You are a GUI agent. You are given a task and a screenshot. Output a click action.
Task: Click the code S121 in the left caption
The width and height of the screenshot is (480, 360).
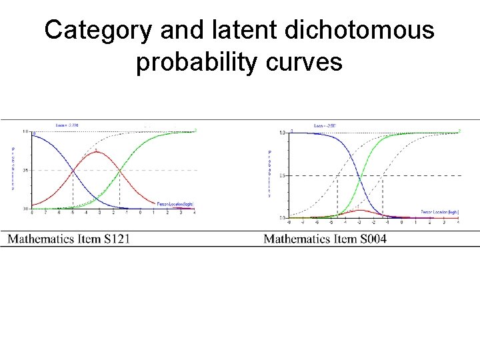click(x=113, y=238)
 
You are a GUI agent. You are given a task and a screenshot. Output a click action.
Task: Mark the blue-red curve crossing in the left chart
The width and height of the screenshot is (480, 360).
click(x=73, y=171)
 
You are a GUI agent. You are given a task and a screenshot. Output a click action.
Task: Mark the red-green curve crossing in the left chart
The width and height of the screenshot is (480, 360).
click(x=120, y=171)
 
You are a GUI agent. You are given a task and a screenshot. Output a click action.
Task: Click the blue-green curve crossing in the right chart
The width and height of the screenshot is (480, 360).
click(x=360, y=176)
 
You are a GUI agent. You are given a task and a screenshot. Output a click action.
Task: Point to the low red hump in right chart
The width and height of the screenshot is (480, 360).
click(x=360, y=211)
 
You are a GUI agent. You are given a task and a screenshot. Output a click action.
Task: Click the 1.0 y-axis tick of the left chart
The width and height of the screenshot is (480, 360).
click(x=25, y=132)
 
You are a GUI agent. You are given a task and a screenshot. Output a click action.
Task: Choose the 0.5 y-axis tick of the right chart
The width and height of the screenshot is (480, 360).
click(x=283, y=176)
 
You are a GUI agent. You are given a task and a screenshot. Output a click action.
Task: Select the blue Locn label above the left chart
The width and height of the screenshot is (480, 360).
click(x=67, y=125)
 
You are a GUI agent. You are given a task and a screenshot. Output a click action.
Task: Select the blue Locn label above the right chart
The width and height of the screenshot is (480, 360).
click(x=325, y=125)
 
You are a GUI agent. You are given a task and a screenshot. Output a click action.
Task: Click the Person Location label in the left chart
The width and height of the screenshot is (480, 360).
click(x=175, y=203)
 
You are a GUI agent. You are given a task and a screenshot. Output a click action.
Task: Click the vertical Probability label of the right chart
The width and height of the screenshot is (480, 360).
click(x=270, y=174)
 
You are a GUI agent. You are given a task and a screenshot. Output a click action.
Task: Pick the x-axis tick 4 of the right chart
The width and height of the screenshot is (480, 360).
click(x=458, y=222)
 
